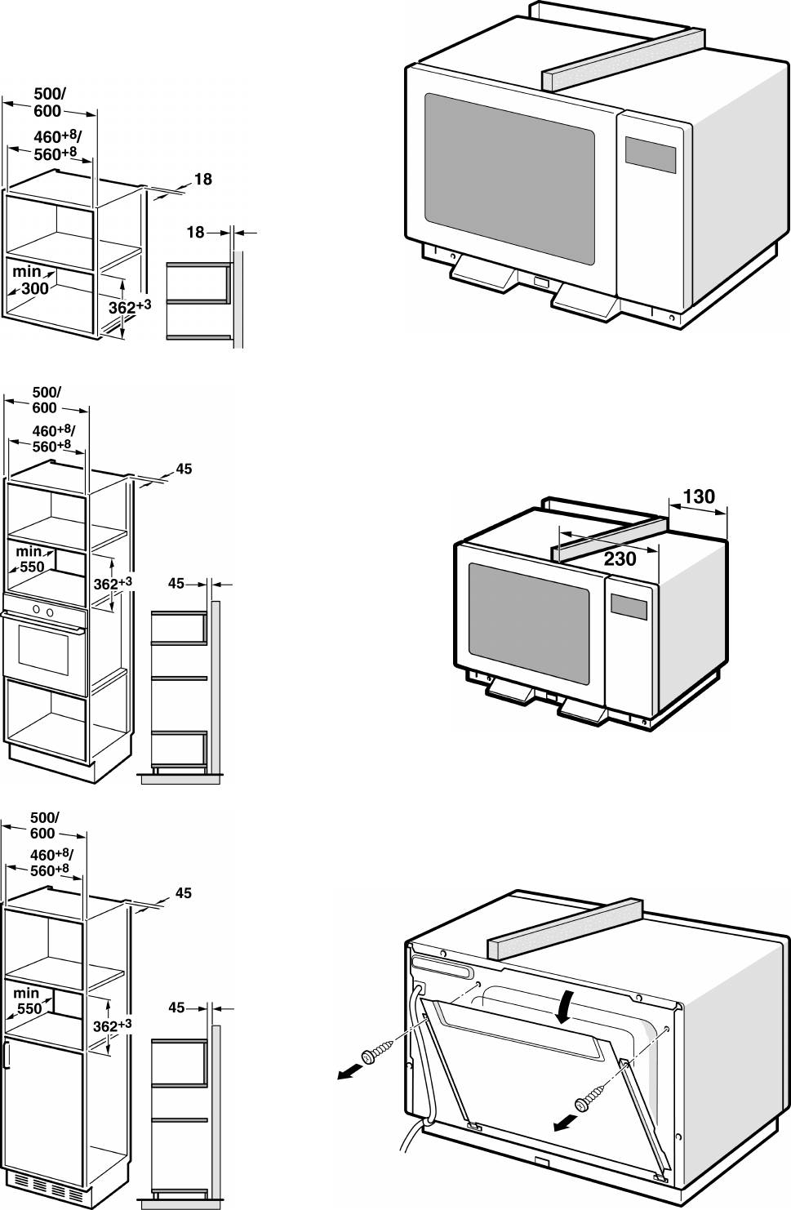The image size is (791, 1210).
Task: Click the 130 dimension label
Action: pyautogui.click(x=698, y=496)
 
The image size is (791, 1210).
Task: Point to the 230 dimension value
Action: pyautogui.click(x=620, y=559)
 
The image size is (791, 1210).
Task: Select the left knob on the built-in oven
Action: pyautogui.click(x=35, y=611)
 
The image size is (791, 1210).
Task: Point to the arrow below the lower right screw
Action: pyautogui.click(x=563, y=1125)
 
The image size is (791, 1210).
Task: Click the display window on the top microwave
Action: pyautogui.click(x=651, y=153)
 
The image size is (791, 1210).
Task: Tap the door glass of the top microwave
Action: pyautogui.click(x=509, y=177)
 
